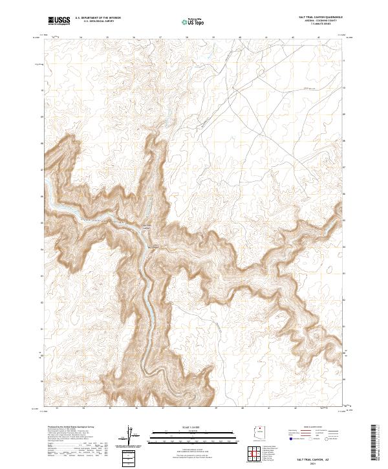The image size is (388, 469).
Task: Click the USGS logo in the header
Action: (x=59, y=21)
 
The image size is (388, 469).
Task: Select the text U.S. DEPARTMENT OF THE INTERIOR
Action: (x=98, y=18)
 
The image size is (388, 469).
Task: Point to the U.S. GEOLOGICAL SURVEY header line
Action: (x=94, y=22)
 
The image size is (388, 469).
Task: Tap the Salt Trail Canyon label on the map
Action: (x=147, y=226)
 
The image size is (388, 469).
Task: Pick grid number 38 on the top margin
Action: (x=186, y=38)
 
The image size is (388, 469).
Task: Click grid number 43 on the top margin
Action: (x=319, y=38)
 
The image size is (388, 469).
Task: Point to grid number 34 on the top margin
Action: (x=80, y=38)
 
